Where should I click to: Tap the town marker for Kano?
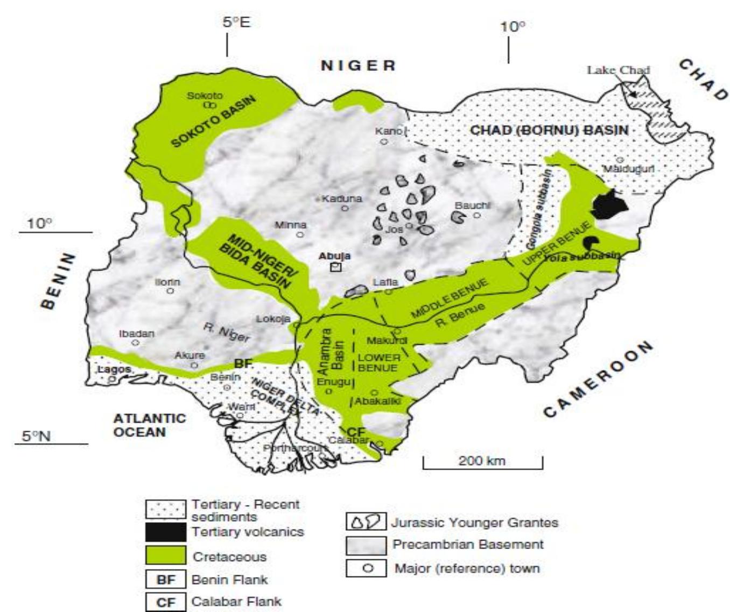384,141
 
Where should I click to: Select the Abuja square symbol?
336,267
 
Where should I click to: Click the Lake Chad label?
618,70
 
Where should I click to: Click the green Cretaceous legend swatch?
166,556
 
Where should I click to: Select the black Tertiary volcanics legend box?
166,532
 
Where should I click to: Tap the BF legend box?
166,580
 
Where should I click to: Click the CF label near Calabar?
356,432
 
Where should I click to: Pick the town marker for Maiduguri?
620,160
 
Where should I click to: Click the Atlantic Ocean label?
149,425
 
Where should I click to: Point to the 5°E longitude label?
236,23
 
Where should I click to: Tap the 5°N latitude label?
37,436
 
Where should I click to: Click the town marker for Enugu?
329,392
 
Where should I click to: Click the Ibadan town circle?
136,343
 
